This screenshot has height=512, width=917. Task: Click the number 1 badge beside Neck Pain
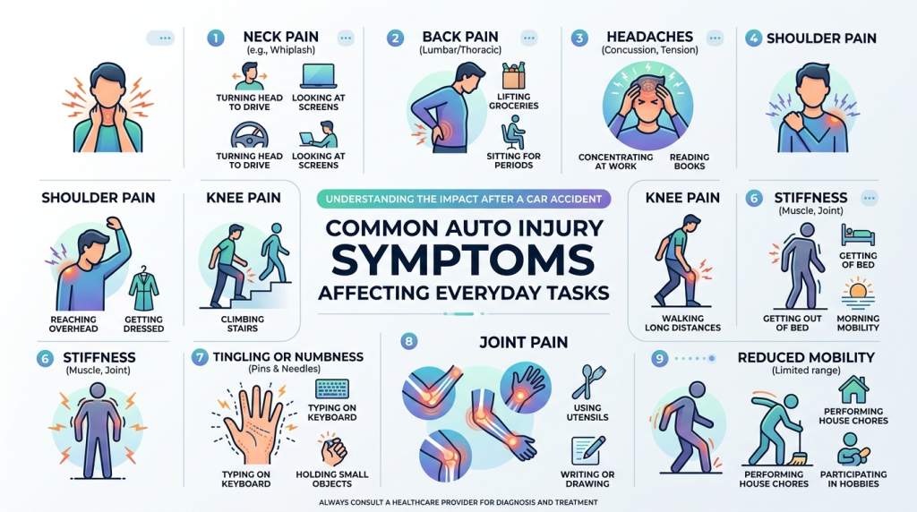(x=215, y=38)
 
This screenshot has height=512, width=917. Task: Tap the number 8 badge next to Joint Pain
(x=408, y=341)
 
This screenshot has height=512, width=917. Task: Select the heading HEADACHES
(x=649, y=37)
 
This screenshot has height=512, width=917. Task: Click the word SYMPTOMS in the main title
(x=463, y=260)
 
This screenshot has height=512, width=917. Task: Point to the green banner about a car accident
(x=464, y=199)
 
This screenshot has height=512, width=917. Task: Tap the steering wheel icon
(x=250, y=135)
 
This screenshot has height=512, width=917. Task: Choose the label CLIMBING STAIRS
(x=242, y=324)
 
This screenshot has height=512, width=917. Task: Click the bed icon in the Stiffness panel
(x=858, y=235)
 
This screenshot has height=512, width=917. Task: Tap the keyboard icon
(x=331, y=388)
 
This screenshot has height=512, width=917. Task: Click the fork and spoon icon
(x=587, y=381)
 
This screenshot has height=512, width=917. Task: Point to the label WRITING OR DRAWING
(x=587, y=479)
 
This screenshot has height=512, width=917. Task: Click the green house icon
(x=853, y=389)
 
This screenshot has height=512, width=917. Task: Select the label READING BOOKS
(x=689, y=161)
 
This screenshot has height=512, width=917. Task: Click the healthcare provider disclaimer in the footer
(x=458, y=502)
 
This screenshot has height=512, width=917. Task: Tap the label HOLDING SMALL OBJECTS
(x=331, y=479)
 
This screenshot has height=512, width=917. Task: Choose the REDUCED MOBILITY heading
(x=806, y=357)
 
